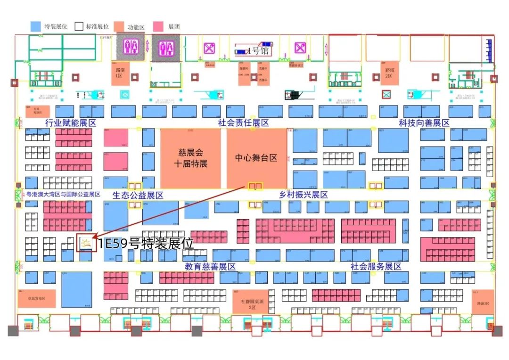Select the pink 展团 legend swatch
(159, 26)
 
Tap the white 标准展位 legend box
(79, 26)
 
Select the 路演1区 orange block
(120, 73)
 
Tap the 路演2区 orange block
(389, 73)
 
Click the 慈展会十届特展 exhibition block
(190, 158)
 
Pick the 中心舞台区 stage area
(257, 158)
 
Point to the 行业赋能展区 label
(70, 123)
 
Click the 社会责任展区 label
(243, 123)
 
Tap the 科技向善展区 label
(424, 123)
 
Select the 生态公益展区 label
(138, 195)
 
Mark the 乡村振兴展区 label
(304, 195)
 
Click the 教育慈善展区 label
(210, 267)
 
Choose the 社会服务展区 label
(376, 267)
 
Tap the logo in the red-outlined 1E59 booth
(86, 243)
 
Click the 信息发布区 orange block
(37, 298)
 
